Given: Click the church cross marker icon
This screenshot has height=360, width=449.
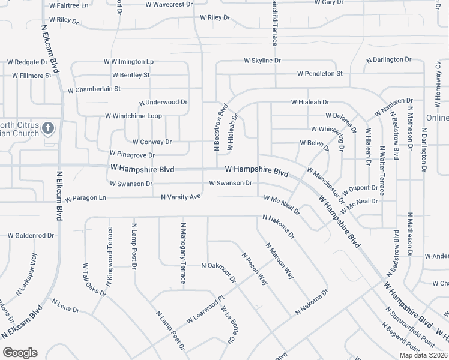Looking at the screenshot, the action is click(x=49, y=128).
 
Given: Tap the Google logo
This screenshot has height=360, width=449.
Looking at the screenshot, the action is click(x=20, y=353).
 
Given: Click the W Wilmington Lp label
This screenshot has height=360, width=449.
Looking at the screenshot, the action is click(x=129, y=62).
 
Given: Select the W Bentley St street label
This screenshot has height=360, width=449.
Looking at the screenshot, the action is click(x=131, y=75).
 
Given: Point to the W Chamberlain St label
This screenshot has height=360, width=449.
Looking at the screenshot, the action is click(x=94, y=89).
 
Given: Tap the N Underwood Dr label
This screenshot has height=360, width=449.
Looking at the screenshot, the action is click(x=163, y=103).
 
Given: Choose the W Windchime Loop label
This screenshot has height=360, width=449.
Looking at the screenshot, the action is click(x=133, y=116).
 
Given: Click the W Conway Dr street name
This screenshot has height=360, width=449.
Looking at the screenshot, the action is click(x=152, y=142).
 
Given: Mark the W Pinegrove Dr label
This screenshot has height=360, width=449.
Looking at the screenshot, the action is click(x=132, y=155).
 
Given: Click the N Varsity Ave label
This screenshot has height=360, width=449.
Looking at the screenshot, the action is click(x=181, y=197).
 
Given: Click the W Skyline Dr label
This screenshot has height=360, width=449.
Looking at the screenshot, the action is click(x=262, y=61).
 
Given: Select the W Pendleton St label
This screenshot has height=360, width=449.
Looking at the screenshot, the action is click(x=319, y=74).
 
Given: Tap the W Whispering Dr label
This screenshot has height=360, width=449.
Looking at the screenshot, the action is click(x=328, y=137).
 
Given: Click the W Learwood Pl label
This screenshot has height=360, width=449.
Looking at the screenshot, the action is click(x=205, y=308).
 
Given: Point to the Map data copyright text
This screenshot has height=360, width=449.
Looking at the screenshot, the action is click(x=423, y=355).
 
